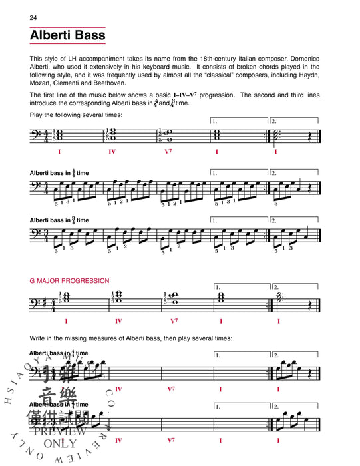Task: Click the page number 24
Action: (33, 16)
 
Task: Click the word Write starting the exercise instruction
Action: (39, 338)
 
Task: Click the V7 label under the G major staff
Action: (174, 320)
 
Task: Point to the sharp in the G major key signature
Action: (45, 302)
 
